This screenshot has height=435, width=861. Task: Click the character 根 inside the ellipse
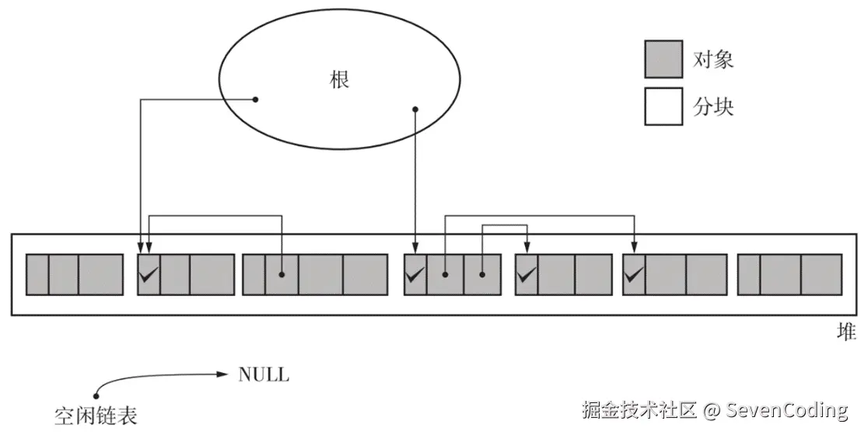coord(340,80)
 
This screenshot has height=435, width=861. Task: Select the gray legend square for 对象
coord(663,59)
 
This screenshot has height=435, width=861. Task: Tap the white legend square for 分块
coord(663,106)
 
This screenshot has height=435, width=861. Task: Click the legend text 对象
coord(712,59)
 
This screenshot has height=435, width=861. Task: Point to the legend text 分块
coord(712,106)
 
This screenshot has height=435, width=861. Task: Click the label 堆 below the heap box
coord(846,332)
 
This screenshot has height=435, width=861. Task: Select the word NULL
coord(263,375)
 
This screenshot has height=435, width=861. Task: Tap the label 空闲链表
coord(96,415)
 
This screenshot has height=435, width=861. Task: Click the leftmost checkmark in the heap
coord(149,273)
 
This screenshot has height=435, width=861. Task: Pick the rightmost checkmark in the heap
coord(634,273)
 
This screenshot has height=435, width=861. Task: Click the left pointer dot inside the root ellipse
coord(254,99)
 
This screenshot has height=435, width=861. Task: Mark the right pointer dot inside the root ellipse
coord(415,109)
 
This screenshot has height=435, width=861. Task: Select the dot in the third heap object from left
coord(282,274)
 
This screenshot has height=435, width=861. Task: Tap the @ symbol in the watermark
coord(709,409)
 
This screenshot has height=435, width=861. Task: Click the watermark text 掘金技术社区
coord(640,409)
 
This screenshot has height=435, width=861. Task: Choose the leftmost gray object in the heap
coord(75,274)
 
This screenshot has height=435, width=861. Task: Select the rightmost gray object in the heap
coord(789,274)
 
